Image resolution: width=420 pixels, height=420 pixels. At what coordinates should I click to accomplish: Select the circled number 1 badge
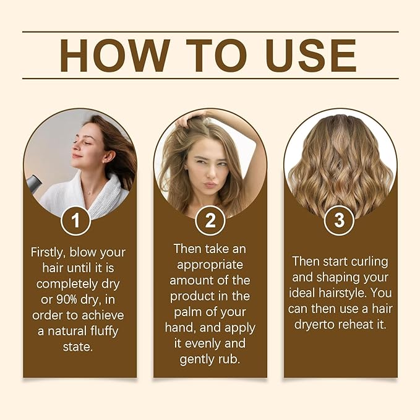76,221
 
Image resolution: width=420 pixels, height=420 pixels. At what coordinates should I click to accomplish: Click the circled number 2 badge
210,221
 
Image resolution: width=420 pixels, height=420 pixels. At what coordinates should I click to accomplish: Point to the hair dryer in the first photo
33,182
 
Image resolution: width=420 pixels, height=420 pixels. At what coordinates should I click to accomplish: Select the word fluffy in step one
98,332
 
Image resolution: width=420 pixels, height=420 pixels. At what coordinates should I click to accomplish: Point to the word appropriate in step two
210,264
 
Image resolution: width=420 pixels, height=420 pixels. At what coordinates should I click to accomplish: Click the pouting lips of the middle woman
210,184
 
